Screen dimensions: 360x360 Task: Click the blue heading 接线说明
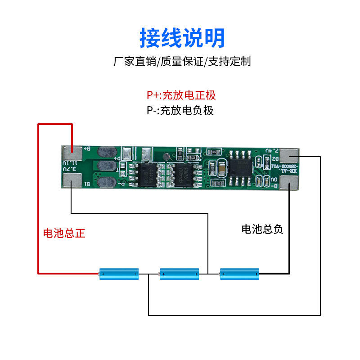coord(182,38)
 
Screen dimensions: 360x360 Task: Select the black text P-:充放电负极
coord(180,110)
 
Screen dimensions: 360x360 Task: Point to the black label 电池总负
coord(262,229)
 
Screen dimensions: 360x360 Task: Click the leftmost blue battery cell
coord(119,273)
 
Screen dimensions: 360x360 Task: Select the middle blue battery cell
coord(179,273)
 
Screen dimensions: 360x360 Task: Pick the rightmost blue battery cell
coord(239,273)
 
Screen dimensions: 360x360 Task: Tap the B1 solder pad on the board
coord(72,182)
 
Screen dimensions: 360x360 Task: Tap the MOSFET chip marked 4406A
coord(183,174)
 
